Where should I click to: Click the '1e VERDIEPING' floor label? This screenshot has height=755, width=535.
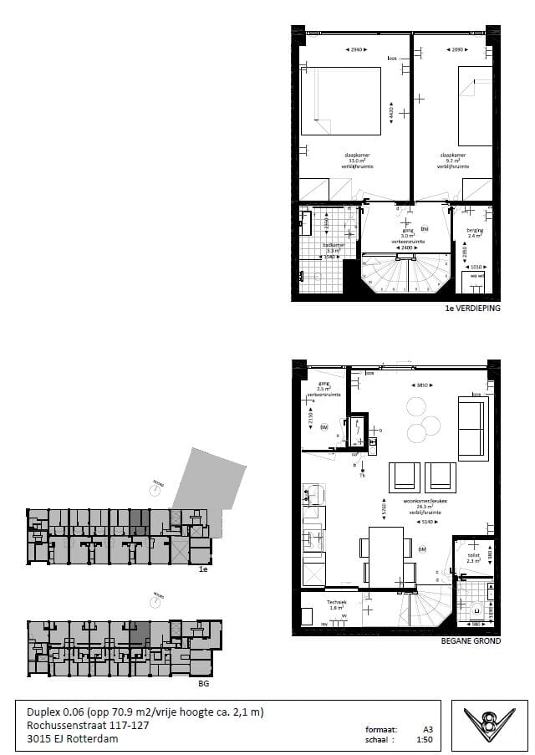pyautogui.click(x=473, y=309)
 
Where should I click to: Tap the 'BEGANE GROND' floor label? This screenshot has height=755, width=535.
pyautogui.click(x=471, y=641)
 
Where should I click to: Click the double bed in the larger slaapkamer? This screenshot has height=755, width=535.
pyautogui.click(x=341, y=101)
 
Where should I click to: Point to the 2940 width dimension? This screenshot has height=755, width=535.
pyautogui.click(x=357, y=51)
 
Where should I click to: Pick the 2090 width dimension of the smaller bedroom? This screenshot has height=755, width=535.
pyautogui.click(x=451, y=51)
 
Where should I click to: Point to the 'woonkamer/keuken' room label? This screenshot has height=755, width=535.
pyautogui.click(x=421, y=502)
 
